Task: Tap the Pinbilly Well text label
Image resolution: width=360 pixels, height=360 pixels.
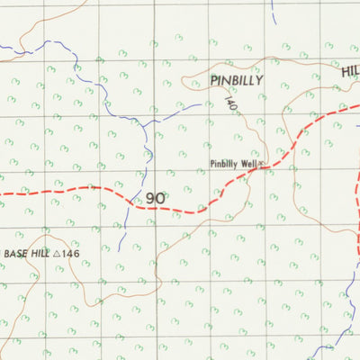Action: (x=232, y=164)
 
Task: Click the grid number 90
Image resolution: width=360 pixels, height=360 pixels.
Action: (x=155, y=197)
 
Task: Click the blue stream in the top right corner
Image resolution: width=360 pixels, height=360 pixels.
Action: (x=273, y=11)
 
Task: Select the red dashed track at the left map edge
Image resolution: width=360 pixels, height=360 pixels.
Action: (x=4, y=193)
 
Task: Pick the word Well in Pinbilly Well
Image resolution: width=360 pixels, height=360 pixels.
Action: (x=248, y=164)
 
